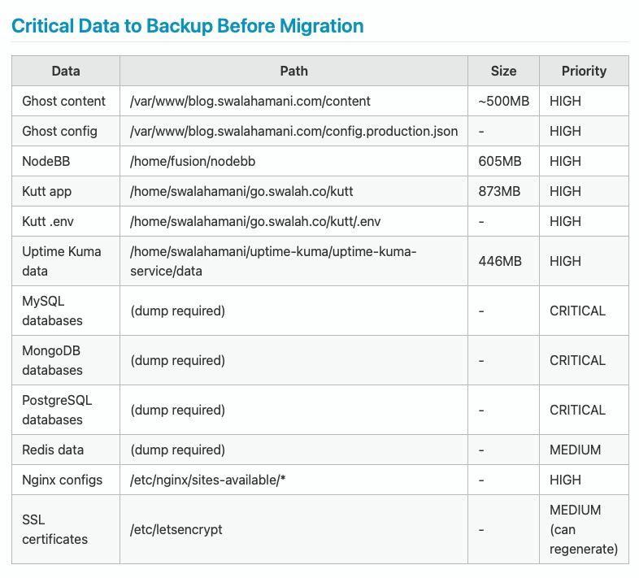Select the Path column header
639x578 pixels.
pyautogui.click(x=293, y=71)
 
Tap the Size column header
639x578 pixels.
pyautogui.click(x=503, y=71)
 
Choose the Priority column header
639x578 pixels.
pyautogui.click(x=584, y=71)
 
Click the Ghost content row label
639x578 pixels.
pyautogui.click(x=63, y=101)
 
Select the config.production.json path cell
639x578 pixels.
pyautogui.click(x=293, y=131)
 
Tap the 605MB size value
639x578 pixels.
pyautogui.click(x=500, y=161)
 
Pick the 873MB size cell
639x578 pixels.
pyautogui.click(x=500, y=191)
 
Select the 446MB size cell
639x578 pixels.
pyautogui.click(x=500, y=261)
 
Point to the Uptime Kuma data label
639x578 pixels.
pyautogui.click(x=61, y=261)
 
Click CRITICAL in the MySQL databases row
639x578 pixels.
pyautogui.click(x=577, y=311)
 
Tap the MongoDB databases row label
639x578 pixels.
pyautogui.click(x=52, y=360)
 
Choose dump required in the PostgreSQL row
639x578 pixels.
pyautogui.click(x=177, y=410)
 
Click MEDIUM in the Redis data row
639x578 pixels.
pyautogui.click(x=575, y=450)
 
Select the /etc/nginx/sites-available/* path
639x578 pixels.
pyautogui.click(x=208, y=480)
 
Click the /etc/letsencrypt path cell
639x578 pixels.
pyautogui.click(x=176, y=529)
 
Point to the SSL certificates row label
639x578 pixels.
pyautogui.click(x=54, y=529)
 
